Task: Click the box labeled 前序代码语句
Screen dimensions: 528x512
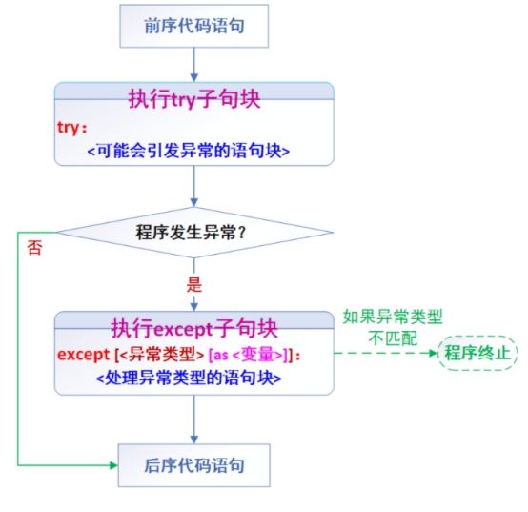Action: [194, 26]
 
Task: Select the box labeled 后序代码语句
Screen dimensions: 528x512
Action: [194, 465]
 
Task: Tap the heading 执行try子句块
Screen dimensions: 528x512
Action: [194, 99]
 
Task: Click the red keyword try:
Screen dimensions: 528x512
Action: [72, 128]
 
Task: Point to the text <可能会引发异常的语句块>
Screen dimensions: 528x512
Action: [189, 151]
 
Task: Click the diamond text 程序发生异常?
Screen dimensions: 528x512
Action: [191, 233]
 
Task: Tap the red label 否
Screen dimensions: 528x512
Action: [34, 248]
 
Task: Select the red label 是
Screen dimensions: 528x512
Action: [194, 285]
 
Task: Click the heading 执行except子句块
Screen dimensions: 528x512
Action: [194, 328]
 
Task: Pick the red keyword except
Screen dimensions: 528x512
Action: [84, 355]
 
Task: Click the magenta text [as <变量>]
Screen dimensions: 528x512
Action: [249, 355]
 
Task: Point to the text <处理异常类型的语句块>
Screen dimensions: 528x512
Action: [189, 378]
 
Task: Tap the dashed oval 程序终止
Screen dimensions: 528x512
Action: [477, 353]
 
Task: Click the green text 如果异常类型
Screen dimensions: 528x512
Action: [393, 317]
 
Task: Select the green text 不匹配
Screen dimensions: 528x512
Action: [393, 338]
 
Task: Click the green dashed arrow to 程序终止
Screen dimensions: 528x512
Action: [386, 353]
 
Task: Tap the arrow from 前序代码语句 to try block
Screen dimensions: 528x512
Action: [194, 65]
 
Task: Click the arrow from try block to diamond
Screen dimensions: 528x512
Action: [194, 186]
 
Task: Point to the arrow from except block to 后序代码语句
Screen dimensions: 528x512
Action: [194, 420]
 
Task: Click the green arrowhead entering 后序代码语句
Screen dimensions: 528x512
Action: [113, 465]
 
